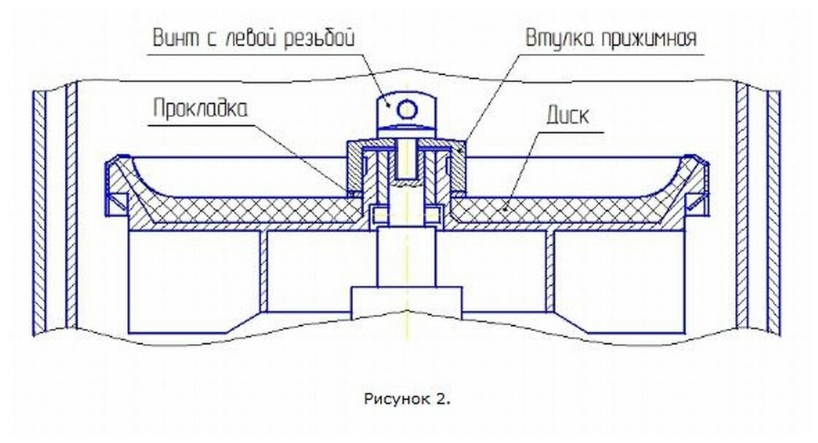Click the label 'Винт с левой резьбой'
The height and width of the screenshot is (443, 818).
click(x=253, y=39)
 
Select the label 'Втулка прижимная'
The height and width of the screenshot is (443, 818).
click(x=611, y=38)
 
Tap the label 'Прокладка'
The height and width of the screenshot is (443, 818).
click(x=200, y=109)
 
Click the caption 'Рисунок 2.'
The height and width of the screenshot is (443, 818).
click(x=406, y=399)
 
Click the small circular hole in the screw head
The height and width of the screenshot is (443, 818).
click(x=407, y=109)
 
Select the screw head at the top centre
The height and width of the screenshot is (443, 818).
click(x=405, y=111)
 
